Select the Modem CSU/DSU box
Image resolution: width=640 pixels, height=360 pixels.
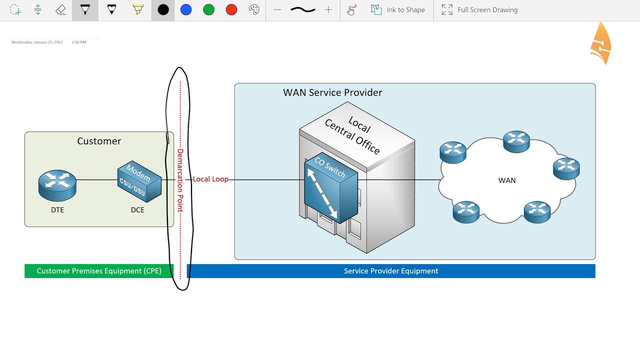[x=139, y=181]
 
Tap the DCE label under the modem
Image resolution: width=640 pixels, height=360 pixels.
[x=137, y=210]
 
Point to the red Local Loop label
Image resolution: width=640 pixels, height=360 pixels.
[x=210, y=179]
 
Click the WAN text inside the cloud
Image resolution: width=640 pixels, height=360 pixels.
[x=506, y=180]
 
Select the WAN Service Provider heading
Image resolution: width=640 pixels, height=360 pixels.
[x=332, y=92]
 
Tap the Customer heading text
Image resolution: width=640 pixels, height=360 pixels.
[x=99, y=141]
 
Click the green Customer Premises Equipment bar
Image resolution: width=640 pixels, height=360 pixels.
[x=99, y=271]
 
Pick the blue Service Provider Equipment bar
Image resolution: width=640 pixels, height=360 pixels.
[x=391, y=271]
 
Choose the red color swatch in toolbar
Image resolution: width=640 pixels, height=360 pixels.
[x=231, y=10]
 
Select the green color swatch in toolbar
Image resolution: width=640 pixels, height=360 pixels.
[x=209, y=10]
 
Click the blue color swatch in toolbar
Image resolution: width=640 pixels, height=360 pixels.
[x=186, y=10]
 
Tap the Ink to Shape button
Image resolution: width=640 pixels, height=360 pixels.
[x=398, y=10]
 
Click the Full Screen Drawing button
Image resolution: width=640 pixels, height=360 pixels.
[x=479, y=10]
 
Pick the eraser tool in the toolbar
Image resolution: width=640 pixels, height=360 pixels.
[x=61, y=10]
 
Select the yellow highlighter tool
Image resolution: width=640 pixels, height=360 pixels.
[x=138, y=10]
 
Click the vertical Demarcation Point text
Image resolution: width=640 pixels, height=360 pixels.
[x=180, y=180]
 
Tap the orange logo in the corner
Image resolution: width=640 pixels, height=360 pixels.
[x=601, y=43]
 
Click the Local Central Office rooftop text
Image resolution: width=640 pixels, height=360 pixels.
[x=352, y=135]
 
